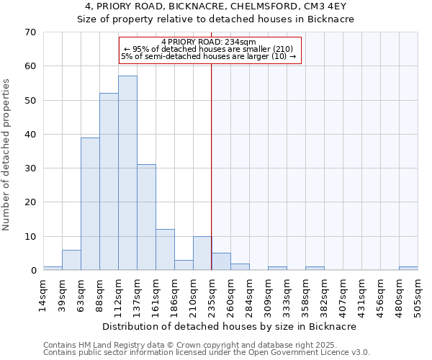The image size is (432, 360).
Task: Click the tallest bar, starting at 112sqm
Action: [x=127, y=173]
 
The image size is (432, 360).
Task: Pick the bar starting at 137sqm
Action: [x=146, y=217]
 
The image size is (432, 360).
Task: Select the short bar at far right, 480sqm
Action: [x=408, y=269]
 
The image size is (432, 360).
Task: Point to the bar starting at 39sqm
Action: [x=71, y=260]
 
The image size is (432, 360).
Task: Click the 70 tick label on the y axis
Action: [x=30, y=32]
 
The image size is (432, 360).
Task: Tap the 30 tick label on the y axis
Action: [x=30, y=168]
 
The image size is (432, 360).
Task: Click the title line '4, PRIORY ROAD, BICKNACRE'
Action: [x=216, y=7]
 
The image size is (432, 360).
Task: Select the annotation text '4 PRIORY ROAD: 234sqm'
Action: [x=209, y=42]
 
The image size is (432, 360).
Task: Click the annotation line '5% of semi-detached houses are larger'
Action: [x=209, y=56]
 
